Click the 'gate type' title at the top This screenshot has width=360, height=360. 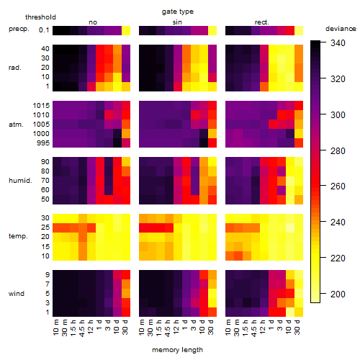point(178,12)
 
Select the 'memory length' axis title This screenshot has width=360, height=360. point(178,350)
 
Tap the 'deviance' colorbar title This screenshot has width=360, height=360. point(341,29)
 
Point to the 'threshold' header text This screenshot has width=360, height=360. point(40,17)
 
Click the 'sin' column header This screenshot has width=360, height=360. point(177,22)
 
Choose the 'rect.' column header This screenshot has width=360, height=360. point(261,22)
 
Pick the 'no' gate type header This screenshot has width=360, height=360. point(93,22)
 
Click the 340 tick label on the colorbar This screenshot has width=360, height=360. point(338,43)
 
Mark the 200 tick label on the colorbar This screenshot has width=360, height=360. point(338,294)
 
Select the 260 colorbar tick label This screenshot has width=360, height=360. point(338,186)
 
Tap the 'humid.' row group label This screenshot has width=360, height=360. point(20,181)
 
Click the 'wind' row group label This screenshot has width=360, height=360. point(17,294)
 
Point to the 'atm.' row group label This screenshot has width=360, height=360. point(16,125)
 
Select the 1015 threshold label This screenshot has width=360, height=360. point(41,106)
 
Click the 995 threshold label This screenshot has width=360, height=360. point(43,143)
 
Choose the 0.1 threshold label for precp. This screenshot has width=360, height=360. point(44,30)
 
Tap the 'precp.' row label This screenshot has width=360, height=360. point(19,29)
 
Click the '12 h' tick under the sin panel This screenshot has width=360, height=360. point(176,327)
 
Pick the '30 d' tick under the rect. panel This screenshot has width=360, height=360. point(297,327)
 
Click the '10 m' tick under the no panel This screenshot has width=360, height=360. point(55,328)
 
